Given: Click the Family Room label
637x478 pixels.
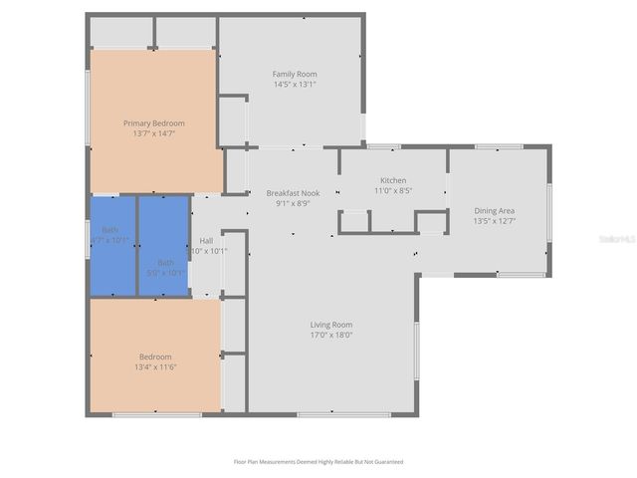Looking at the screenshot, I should point(295,74).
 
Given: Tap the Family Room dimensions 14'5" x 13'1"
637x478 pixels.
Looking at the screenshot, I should point(295,85).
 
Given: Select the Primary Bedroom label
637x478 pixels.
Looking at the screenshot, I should point(153,123).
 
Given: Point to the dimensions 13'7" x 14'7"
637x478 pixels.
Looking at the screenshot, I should point(153,133).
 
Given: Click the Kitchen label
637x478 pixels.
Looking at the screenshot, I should point(393,180).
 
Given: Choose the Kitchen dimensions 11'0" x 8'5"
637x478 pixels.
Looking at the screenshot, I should point(393,190).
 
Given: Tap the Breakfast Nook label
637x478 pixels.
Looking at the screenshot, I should point(293,192).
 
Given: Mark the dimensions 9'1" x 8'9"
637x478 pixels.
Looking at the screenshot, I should point(293,202).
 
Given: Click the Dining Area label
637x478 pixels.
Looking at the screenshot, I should point(494,210).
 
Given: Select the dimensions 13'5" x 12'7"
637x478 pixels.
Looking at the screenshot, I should point(494,221).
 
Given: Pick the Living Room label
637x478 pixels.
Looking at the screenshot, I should point(331,325).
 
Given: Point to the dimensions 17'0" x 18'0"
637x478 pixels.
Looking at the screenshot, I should point(331,335).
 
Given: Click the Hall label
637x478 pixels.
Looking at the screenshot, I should point(206,240).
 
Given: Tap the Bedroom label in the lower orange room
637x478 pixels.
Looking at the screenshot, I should point(155,357).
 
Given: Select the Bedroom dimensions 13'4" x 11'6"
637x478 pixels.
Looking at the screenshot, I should point(155,366).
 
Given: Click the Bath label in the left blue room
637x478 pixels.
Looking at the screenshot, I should point(109,230).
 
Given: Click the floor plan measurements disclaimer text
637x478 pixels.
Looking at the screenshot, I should point(318,462).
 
